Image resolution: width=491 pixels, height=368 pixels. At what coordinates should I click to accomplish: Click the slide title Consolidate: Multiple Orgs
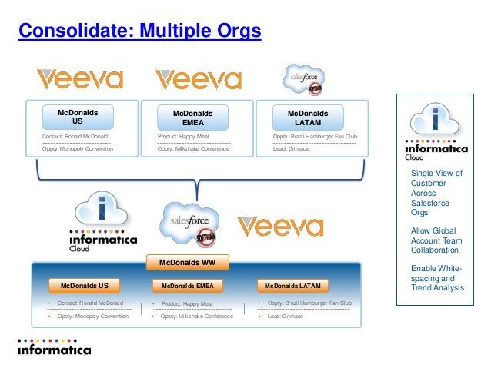coord(139,31)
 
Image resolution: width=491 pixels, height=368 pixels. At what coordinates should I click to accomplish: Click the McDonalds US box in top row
coord(77,117)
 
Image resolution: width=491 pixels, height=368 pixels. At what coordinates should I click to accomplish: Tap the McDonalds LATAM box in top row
coord(308,118)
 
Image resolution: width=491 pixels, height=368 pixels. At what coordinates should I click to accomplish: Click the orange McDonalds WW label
coord(187,263)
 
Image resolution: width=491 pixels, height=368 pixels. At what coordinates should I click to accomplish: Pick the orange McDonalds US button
coord(85,287)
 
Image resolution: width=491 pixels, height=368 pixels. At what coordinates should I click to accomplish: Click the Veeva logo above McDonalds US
coord(80,79)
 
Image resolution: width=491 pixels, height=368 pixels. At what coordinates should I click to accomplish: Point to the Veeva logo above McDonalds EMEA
coord(198,79)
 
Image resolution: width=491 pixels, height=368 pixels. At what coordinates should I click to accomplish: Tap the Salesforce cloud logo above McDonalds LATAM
coord(302,78)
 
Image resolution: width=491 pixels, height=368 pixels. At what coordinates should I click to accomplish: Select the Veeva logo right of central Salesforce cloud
coord(280,226)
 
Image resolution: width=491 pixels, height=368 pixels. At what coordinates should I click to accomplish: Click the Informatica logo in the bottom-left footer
coord(54,346)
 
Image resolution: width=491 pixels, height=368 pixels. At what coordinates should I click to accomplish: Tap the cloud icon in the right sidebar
coord(436,121)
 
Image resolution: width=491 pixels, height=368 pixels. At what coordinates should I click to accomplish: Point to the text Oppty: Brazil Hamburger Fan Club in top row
coord(316,137)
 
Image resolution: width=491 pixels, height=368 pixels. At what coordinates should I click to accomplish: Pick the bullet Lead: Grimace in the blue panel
coord(285,316)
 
